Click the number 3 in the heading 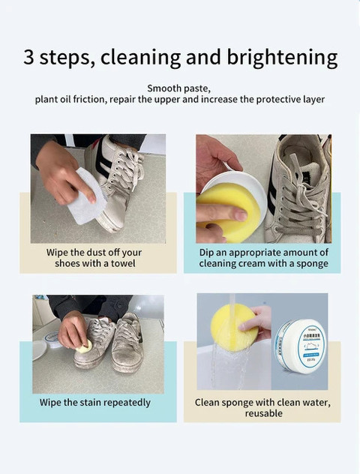click(x=29, y=58)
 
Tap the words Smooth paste click(x=179, y=88)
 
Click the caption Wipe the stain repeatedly click(x=95, y=403)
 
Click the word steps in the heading click(x=67, y=58)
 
